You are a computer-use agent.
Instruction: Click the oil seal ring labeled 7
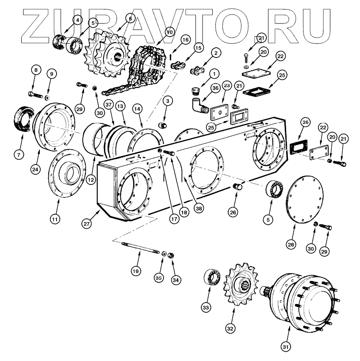(x=22, y=119)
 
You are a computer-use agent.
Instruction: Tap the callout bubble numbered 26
(x=233, y=212)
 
